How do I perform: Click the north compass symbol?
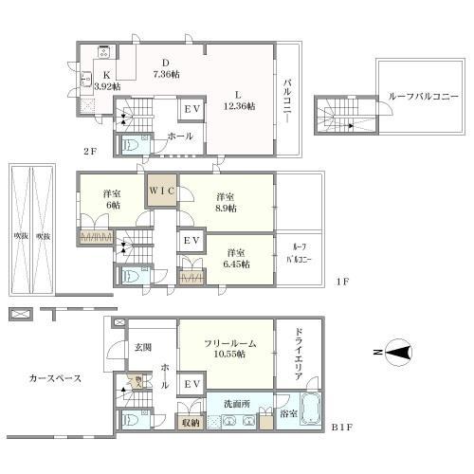(x=399, y=354)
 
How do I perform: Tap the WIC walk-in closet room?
(x=160, y=188)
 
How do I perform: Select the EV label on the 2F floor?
(x=191, y=110)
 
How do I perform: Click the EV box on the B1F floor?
(x=191, y=384)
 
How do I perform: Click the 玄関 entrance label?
(x=142, y=346)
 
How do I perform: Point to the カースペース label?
(x=54, y=378)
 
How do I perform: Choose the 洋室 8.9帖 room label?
(x=225, y=202)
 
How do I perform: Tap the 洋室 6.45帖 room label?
(x=238, y=258)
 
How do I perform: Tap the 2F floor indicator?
(x=88, y=149)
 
